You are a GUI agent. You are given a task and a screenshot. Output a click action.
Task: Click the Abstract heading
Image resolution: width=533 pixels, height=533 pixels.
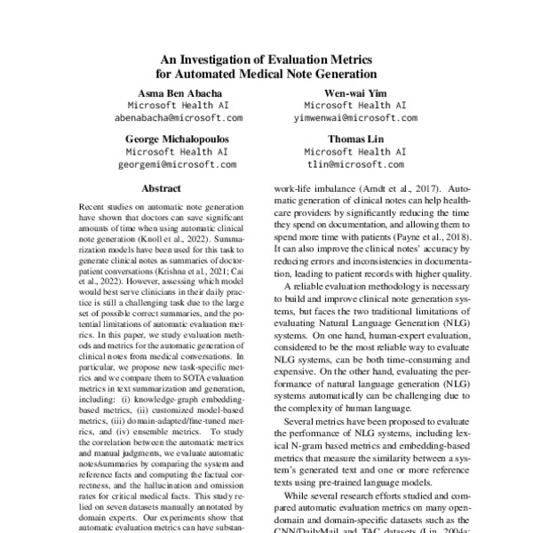(161, 189)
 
